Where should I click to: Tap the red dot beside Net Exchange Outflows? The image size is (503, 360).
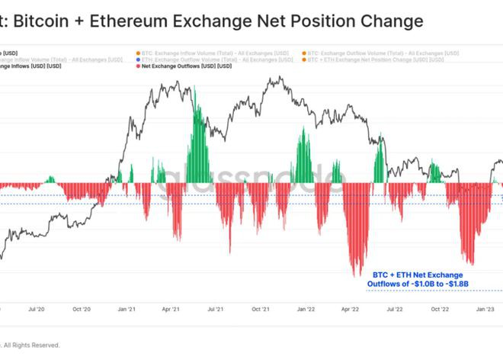136,67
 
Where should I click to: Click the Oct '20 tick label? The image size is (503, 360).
82,310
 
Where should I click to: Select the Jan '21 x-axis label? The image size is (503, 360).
127,310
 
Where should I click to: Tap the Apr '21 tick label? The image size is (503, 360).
171,310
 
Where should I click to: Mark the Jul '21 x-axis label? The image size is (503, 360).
216,310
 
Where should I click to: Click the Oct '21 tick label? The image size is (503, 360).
261,310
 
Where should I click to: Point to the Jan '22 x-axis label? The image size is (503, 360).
306,310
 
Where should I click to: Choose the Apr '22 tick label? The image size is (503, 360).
351,310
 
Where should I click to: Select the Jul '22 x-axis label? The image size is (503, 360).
395,310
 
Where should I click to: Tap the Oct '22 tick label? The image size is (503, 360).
440,310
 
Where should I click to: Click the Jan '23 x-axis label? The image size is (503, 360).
485,310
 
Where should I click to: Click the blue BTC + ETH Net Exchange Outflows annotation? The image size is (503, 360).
417,278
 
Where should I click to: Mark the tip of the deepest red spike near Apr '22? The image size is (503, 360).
354,276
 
